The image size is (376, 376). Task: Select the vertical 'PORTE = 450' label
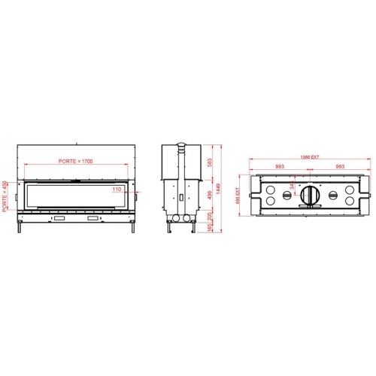pos(6,197)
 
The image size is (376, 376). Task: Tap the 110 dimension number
pos(117,190)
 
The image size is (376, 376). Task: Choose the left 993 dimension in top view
pos(279,167)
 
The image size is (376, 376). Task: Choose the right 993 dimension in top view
pos(340,167)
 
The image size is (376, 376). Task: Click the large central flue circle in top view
pos(310,195)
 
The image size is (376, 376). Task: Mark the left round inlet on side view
pos(174,218)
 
